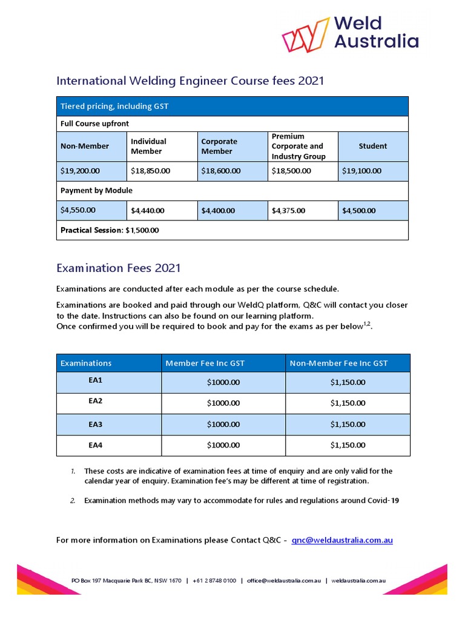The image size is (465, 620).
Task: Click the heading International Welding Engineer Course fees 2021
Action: coord(190,81)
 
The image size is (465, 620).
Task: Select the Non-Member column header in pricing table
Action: coord(85,146)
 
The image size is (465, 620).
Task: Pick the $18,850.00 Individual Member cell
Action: coord(150,171)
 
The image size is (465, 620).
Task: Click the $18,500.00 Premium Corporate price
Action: coord(291,171)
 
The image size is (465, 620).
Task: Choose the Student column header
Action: coord(372,146)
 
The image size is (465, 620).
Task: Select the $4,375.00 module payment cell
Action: coord(288,211)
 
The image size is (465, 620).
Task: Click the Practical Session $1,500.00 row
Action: coord(110,230)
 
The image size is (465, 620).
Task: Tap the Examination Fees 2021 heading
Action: coord(118,268)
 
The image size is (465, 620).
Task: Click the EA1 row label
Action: coord(96,381)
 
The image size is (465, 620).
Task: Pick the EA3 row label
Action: coord(96,424)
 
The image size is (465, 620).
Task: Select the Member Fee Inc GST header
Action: coord(205,363)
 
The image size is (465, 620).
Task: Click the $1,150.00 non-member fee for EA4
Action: coord(348,445)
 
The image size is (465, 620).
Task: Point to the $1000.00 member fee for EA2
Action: coord(223,403)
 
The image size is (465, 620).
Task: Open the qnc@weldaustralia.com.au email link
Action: coord(342,539)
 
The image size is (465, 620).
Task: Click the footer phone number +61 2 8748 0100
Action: coord(214,581)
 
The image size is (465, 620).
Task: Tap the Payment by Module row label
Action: coord(96,190)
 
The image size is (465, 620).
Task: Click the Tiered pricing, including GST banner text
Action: coord(114,106)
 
